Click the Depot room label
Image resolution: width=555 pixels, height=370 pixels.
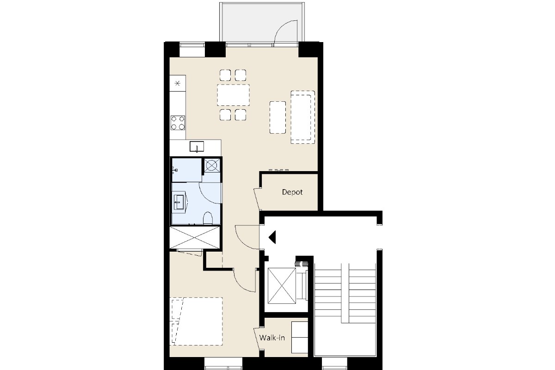click(292, 192)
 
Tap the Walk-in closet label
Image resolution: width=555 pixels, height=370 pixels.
click(272, 338)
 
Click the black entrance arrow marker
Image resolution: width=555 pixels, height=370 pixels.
click(272, 237)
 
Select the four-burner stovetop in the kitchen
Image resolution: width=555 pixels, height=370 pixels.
click(178, 123)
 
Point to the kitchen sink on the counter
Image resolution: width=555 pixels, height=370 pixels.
click(197, 147)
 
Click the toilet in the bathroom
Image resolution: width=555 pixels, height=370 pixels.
click(208, 218)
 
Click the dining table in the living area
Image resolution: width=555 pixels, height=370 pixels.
click(234, 95)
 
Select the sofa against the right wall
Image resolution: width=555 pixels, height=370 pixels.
click(303, 117)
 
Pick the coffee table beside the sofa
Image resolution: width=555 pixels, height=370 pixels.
click(277, 117)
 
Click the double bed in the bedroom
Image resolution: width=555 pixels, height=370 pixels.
click(196, 321)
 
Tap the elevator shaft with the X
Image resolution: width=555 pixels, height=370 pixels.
click(282, 286)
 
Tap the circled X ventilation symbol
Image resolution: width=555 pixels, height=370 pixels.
click(211, 166)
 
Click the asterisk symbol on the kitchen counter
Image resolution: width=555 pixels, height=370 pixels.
click(178, 83)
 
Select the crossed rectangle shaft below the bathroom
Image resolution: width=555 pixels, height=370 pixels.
click(195, 237)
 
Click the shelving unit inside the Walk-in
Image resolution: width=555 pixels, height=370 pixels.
click(300, 337)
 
